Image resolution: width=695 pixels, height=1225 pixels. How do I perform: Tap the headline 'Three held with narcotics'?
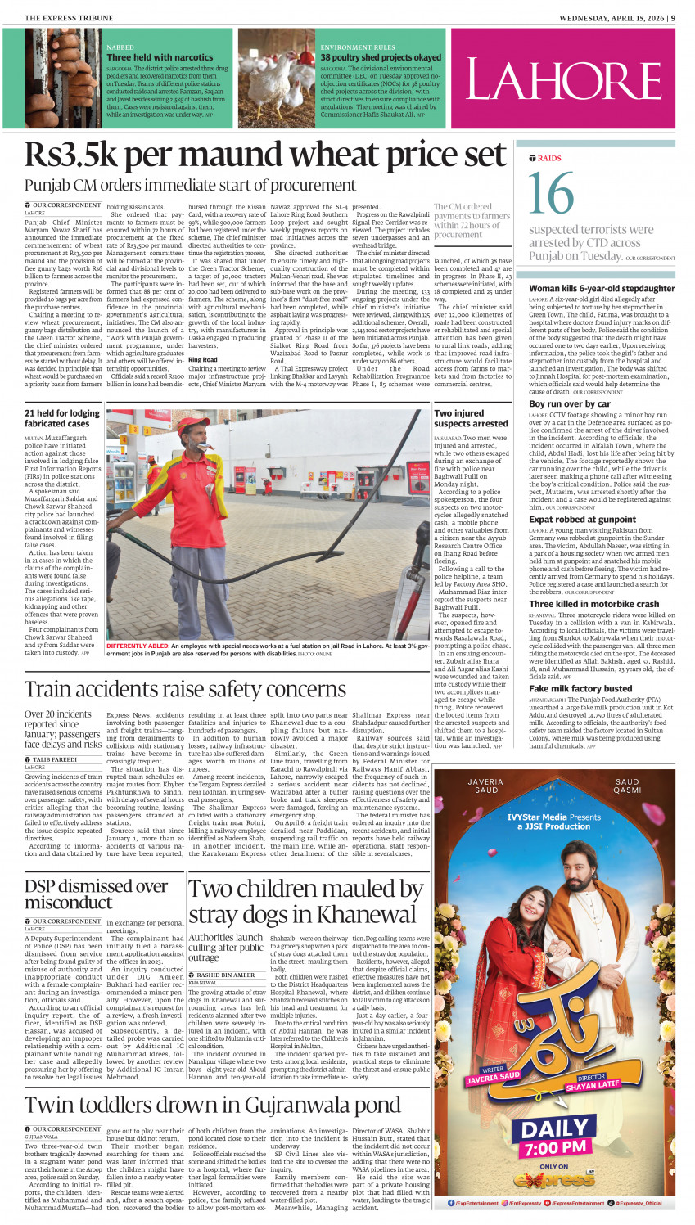point(160,57)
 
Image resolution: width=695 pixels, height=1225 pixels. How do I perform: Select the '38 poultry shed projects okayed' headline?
point(381,57)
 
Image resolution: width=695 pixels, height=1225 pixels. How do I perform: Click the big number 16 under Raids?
point(551,194)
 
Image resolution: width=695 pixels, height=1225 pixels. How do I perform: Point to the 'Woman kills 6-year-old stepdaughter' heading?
point(602,288)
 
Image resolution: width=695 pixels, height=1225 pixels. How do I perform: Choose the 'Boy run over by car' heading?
point(569,403)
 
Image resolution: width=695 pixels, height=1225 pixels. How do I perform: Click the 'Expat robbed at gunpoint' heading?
point(582,519)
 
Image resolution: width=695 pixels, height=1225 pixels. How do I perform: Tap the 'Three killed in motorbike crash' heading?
point(593,604)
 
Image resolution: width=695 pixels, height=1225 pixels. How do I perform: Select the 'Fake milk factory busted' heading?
point(580,688)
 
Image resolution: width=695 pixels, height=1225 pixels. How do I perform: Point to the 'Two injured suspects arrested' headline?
point(471,418)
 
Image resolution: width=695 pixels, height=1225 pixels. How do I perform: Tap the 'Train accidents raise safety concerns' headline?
point(185,689)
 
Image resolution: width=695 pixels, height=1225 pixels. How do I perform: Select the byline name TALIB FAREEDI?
point(55,759)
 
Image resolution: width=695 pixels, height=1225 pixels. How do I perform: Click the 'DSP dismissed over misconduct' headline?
point(96,894)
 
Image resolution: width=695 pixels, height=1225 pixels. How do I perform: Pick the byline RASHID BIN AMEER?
point(225,975)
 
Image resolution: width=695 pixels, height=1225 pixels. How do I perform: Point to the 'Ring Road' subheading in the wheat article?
point(203,359)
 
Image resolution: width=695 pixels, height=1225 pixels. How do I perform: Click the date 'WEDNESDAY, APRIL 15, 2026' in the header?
point(611,17)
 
